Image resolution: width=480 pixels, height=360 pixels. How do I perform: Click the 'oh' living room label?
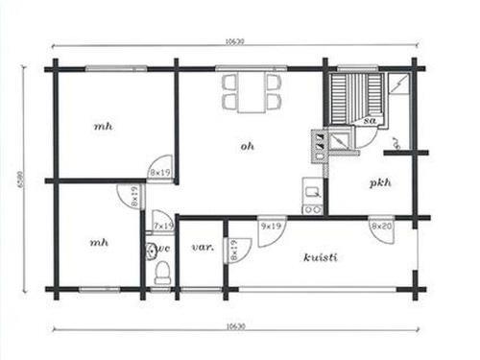point(247,146)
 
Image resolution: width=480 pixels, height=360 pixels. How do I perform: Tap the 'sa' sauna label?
point(370,121)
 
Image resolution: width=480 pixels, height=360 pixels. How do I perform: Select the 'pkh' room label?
point(378,182)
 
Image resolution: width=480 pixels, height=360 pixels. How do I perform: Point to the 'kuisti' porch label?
point(319,256)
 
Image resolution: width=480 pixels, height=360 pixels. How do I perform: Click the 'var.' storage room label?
point(202,247)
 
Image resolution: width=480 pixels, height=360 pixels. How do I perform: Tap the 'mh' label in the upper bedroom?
point(102,126)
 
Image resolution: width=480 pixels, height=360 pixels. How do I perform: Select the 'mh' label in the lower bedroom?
point(99,242)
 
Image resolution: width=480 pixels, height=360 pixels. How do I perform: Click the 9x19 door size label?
point(272,226)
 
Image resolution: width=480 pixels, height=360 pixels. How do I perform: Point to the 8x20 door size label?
point(380,226)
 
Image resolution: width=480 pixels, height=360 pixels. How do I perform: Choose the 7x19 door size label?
point(163,226)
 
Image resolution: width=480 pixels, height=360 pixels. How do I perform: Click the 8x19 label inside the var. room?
point(232,250)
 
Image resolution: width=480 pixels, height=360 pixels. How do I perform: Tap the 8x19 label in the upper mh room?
point(159,172)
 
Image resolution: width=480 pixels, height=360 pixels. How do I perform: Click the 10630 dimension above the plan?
point(234,41)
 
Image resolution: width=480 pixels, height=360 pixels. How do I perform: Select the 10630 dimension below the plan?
point(234,326)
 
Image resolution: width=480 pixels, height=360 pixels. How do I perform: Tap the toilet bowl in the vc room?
point(161,272)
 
